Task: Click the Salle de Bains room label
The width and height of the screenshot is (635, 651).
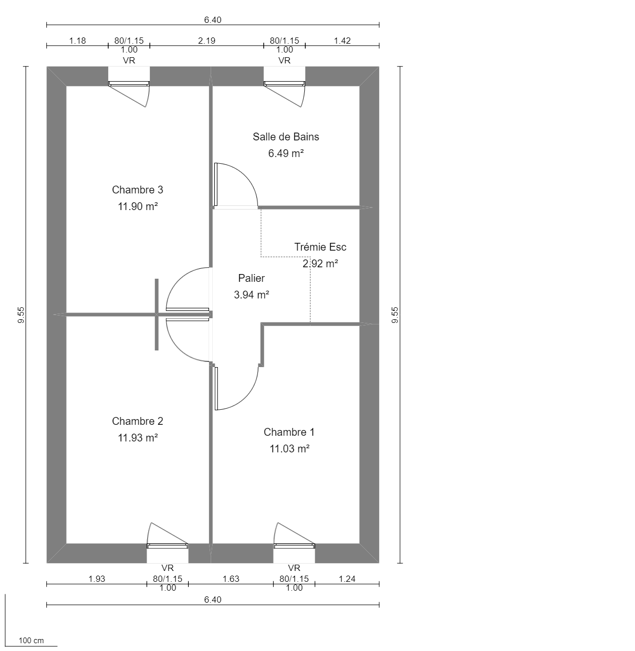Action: (286, 137)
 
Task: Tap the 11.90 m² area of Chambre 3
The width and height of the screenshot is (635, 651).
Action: (137, 206)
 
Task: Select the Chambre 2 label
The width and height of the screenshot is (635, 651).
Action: (137, 421)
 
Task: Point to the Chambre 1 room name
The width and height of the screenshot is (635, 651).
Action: (289, 432)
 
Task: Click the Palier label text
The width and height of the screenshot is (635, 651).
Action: (251, 278)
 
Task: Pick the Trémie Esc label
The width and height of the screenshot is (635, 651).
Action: (320, 247)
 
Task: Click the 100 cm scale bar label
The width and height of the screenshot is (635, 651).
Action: (31, 640)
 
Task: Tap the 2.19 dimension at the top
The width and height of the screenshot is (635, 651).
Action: (206, 41)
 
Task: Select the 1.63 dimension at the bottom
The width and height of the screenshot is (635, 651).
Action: (230, 579)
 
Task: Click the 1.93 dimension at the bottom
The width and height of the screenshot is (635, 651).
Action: (97, 579)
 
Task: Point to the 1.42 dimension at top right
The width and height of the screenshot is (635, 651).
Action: (342, 41)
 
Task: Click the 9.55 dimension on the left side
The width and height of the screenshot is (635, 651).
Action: (21, 315)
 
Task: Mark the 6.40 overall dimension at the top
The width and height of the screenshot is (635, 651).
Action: (213, 20)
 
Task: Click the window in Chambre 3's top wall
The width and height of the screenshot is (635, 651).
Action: (129, 83)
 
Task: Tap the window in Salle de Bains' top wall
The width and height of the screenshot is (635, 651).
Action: (284, 83)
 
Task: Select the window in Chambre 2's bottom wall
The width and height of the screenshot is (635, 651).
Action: (167, 545)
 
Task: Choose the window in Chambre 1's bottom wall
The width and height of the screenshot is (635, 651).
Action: (294, 545)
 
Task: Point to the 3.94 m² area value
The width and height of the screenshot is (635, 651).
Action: (251, 295)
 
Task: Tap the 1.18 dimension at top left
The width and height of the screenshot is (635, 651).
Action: (77, 41)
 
